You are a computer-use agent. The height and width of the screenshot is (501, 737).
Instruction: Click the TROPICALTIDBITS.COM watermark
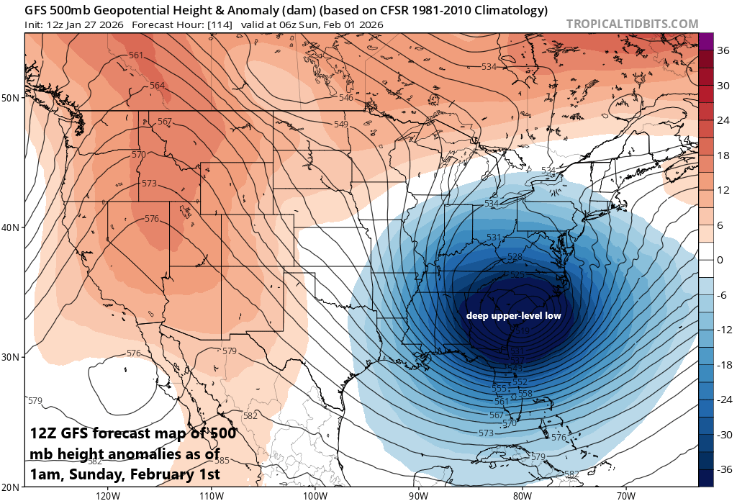(x=632, y=24)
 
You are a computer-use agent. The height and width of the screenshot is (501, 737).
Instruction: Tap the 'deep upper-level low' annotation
(x=512, y=315)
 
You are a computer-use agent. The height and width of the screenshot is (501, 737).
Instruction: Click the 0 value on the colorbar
(x=720, y=260)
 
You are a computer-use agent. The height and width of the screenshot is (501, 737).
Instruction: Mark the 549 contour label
(x=340, y=125)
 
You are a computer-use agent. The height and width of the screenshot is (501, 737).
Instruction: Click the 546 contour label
(x=345, y=98)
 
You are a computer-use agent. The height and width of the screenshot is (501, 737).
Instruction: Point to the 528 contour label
(x=515, y=257)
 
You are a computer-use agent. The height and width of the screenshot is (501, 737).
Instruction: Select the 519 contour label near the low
(x=523, y=330)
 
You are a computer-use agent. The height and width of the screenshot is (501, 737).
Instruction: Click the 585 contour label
(x=223, y=461)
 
